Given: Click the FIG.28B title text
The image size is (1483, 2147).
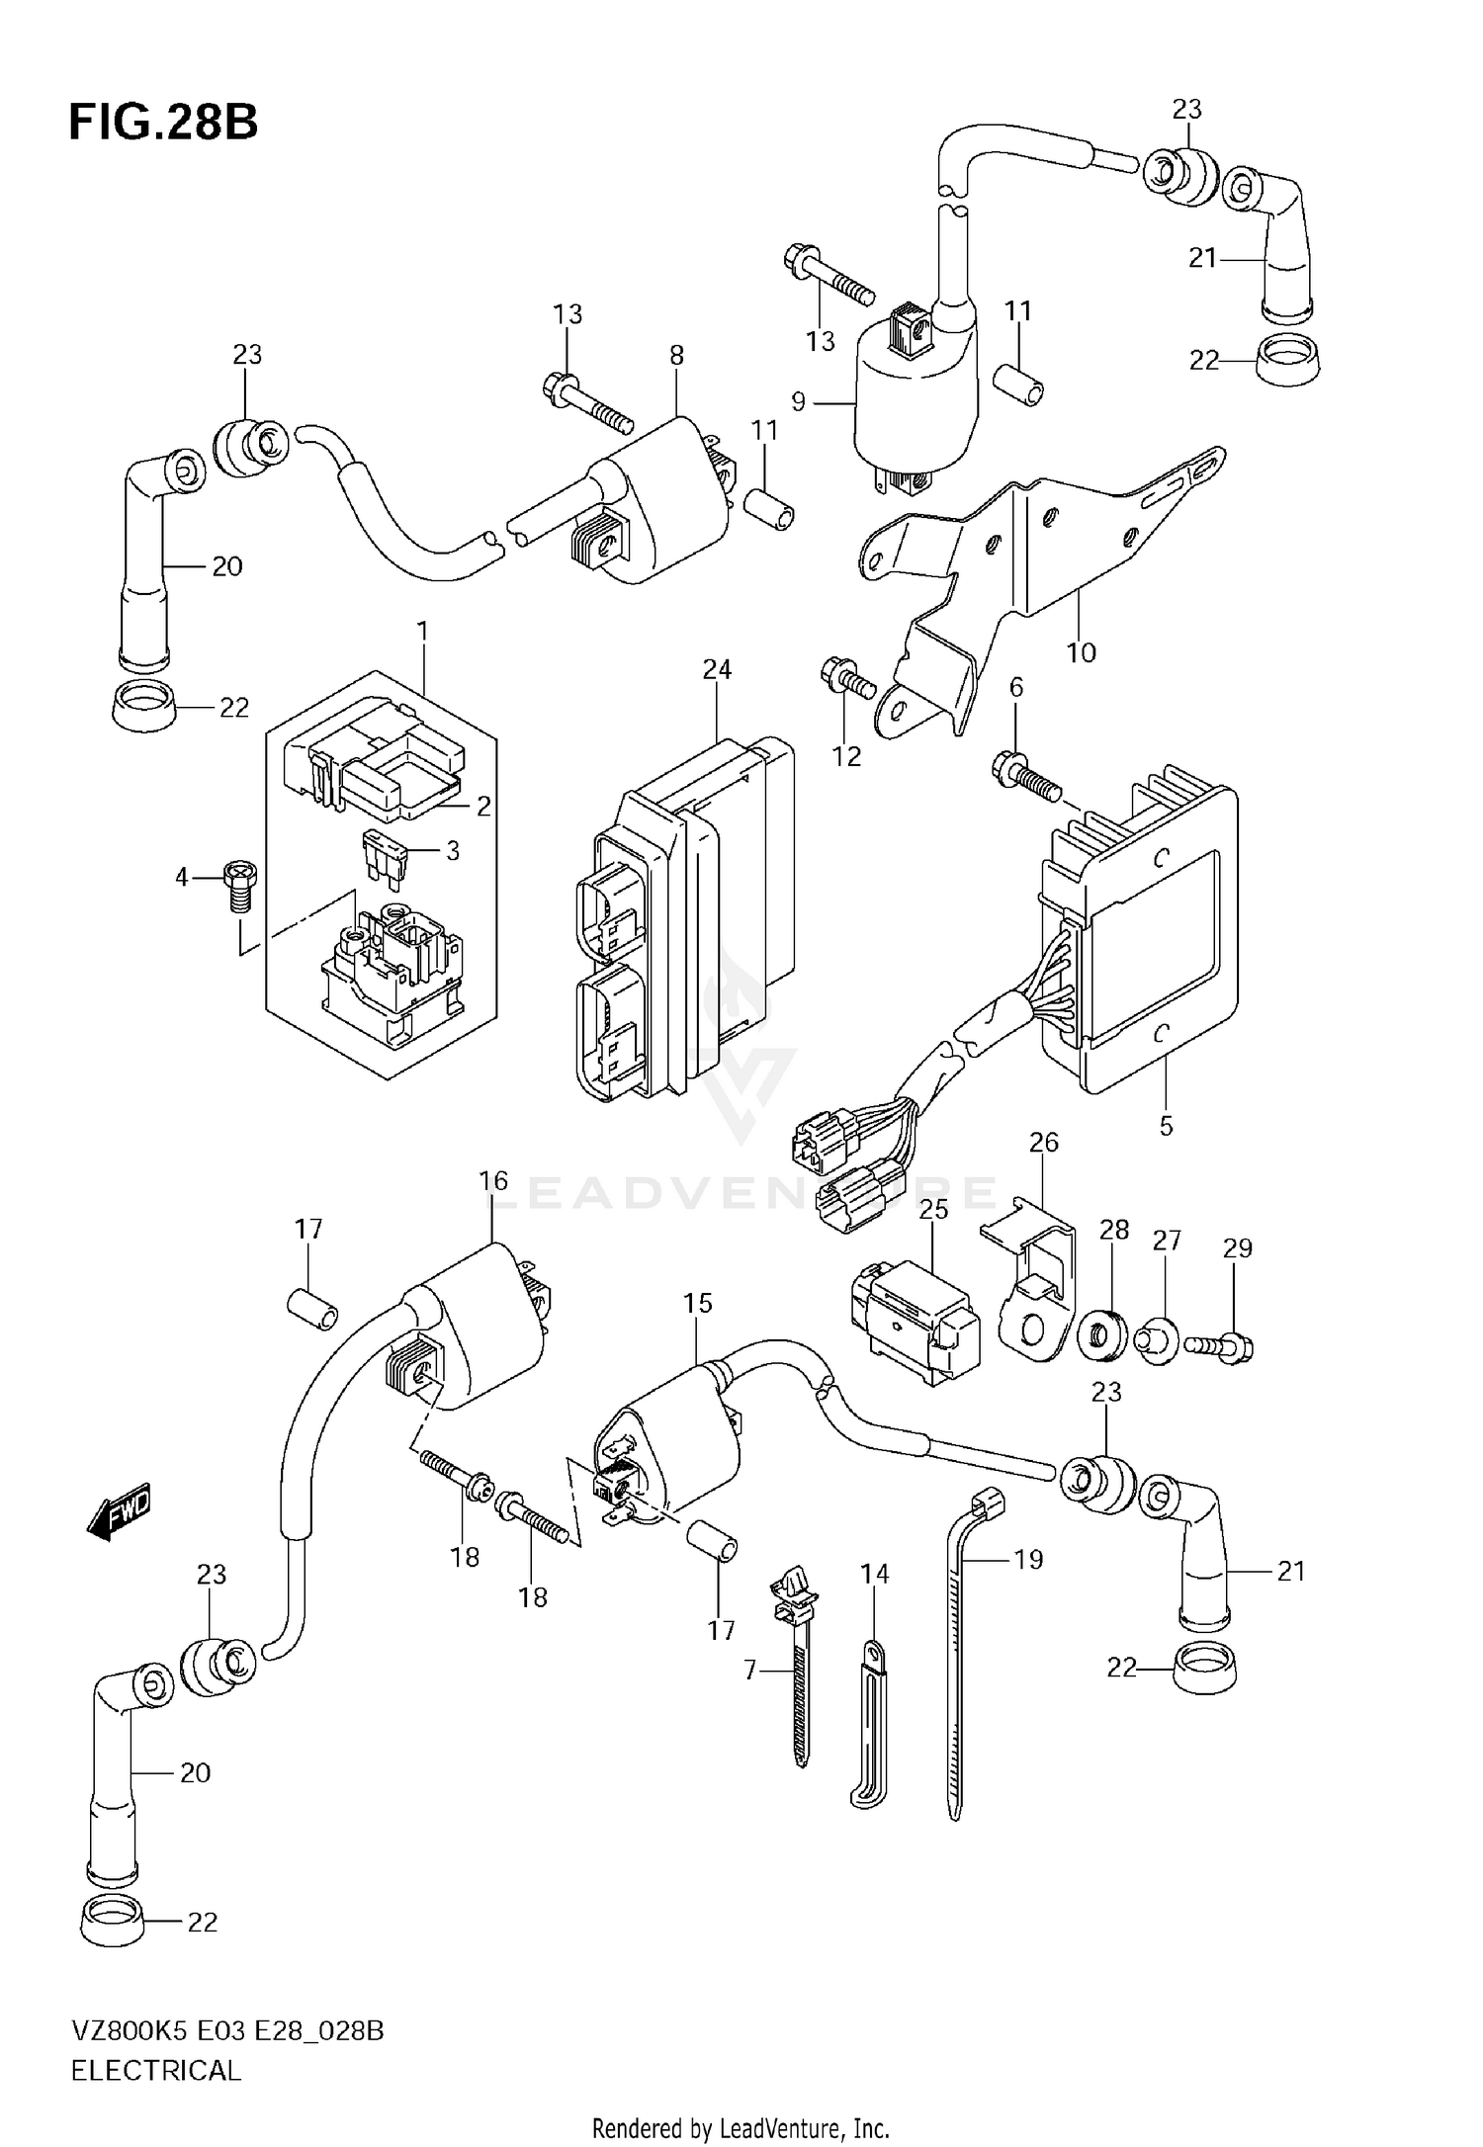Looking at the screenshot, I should click(163, 124).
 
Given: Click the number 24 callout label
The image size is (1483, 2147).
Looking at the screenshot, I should click(717, 670).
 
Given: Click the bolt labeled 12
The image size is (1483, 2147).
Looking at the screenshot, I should click(847, 679).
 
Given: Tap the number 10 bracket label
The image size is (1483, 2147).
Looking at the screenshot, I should click(1081, 652).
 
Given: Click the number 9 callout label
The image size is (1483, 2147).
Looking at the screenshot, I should click(799, 402).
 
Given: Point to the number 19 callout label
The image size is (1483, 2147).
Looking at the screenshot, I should click(1028, 1559).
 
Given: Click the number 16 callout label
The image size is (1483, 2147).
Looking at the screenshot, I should click(493, 1181).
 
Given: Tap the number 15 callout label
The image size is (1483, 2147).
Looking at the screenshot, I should click(698, 1304).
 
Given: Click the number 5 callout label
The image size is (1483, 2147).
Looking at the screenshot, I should click(1166, 1126).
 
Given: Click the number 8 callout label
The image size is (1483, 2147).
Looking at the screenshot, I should click(676, 355).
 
